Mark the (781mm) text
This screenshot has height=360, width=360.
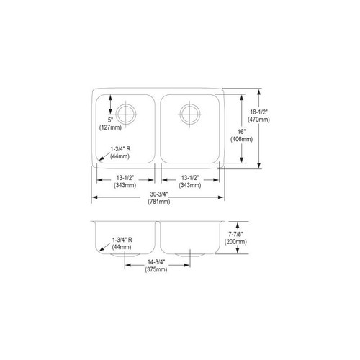pyautogui.click(x=159, y=202)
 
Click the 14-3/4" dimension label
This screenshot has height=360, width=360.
pyautogui.click(x=156, y=261)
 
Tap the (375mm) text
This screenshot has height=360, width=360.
pyautogui.click(x=156, y=270)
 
